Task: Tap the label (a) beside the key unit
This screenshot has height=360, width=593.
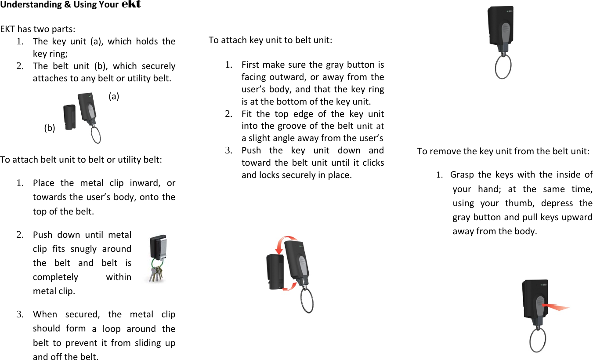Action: [114, 96]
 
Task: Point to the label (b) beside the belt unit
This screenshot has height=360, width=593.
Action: [50, 128]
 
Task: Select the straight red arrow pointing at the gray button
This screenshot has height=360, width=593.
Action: [555, 306]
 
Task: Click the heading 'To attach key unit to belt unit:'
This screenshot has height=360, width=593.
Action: [270, 40]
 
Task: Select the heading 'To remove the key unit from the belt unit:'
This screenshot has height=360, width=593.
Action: [503, 151]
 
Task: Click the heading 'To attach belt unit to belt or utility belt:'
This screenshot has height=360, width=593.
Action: [81, 159]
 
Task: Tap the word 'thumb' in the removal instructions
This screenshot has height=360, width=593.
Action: [520, 203]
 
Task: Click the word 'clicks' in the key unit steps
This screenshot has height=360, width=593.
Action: [373, 163]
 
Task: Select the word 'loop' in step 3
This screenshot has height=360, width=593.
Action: [111, 329]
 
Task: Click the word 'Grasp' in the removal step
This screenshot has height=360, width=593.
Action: [462, 175]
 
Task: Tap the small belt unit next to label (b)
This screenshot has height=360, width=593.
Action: [69, 118]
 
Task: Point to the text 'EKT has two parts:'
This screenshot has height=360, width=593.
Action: [38, 29]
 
